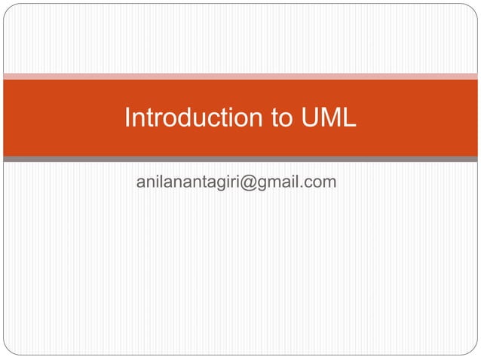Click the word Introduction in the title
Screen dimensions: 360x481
(189, 118)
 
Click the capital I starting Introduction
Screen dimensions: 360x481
(127, 118)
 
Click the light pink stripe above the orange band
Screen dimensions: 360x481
(240, 76)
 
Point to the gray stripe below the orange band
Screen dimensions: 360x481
(240, 159)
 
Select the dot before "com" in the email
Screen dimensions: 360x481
(305, 186)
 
